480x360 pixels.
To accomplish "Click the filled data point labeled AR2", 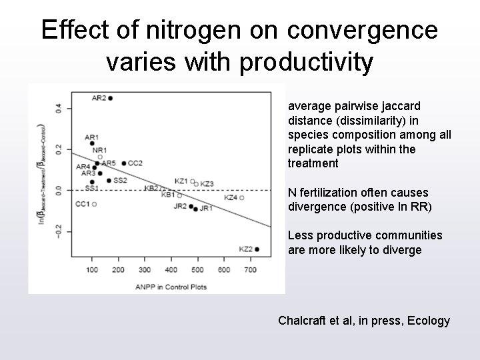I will click(x=110, y=98).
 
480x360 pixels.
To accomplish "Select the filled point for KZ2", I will click(x=257, y=249).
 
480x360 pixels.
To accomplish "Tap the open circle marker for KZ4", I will click(x=242, y=198).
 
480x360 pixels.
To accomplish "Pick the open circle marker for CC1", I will click(x=94, y=204).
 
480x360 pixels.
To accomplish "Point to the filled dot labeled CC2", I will click(x=124, y=163).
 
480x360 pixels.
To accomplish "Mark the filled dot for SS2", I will click(x=109, y=181).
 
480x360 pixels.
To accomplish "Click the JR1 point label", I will click(x=206, y=209).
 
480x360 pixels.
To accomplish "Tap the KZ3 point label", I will click(x=207, y=183).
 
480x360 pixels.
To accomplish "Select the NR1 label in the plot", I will click(x=99, y=150).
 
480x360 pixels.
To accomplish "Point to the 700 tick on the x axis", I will click(x=250, y=269).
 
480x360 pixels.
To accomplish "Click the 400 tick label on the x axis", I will click(x=171, y=269).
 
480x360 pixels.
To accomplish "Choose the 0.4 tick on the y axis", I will click(x=59, y=107).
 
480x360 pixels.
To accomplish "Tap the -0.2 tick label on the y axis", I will click(x=59, y=231).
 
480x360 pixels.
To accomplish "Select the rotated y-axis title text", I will click(x=41, y=177).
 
